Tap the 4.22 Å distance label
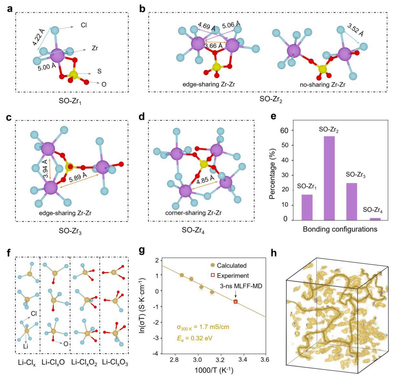[39, 37]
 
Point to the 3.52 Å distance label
[355, 30]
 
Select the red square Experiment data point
[236, 302]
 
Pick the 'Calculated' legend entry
[232, 265]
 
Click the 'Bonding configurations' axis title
[340, 229]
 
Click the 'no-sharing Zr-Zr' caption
[323, 85]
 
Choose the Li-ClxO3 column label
[115, 363]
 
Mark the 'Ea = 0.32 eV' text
[195, 338]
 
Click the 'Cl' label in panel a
[84, 25]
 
